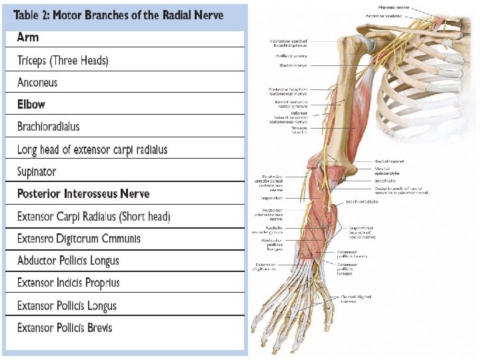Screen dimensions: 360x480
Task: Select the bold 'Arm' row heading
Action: tap(28, 38)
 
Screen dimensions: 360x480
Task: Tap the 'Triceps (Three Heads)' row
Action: tap(63, 61)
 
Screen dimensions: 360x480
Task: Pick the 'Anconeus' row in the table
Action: tap(37, 83)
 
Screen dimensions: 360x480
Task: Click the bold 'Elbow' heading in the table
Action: tap(31, 105)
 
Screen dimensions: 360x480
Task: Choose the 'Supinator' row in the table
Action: tap(37, 171)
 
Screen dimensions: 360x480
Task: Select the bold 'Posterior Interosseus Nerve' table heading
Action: tap(83, 194)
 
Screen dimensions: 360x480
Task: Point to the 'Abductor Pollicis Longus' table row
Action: tap(68, 261)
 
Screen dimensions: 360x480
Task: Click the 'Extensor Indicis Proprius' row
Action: tap(68, 283)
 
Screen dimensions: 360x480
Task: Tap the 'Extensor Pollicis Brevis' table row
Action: tap(65, 328)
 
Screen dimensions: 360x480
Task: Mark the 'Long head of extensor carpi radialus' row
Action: tap(92, 149)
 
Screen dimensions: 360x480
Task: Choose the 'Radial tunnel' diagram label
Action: tap(389, 161)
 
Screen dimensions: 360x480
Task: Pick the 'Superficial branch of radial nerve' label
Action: tap(363, 232)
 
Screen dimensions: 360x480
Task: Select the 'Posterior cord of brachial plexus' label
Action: tap(289, 43)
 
